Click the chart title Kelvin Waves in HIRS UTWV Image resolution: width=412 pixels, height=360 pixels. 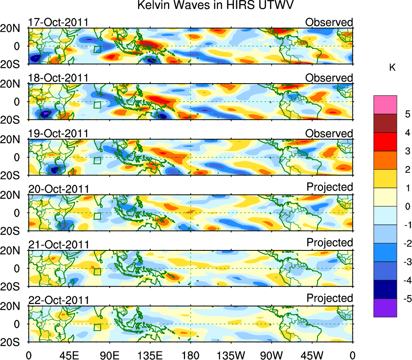pos(215,6)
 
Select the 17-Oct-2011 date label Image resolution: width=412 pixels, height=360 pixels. pos(58,22)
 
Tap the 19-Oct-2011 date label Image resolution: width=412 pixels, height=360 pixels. pos(58,134)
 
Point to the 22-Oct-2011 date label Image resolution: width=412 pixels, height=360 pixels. pos(58,300)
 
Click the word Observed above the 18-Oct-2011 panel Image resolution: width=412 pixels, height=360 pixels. pos(329,78)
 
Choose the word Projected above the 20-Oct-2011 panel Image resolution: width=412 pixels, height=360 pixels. pos(330,187)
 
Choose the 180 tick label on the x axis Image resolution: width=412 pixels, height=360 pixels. pos(190,354)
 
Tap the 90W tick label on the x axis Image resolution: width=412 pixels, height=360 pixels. pos(272,354)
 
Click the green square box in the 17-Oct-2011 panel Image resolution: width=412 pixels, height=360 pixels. pos(97,50)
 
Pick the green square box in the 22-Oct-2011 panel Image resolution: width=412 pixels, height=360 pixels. pos(97,328)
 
